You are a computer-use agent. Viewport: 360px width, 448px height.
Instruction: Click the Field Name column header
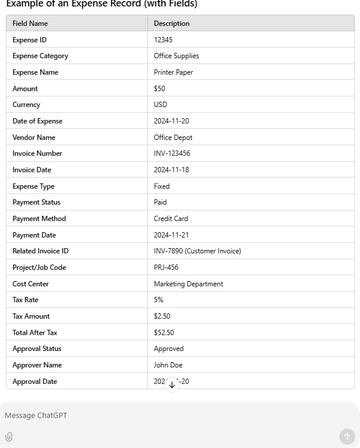click(x=31, y=24)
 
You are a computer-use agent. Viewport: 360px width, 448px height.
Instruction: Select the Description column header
click(x=171, y=24)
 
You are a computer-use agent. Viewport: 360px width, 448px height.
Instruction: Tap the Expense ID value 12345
click(x=163, y=40)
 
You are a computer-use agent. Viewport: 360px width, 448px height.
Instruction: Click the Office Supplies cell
click(x=176, y=56)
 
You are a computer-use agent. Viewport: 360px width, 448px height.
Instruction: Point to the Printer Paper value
click(x=173, y=72)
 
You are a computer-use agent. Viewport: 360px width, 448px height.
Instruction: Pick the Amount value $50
click(x=160, y=89)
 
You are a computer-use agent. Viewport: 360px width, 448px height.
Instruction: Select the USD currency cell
click(x=160, y=105)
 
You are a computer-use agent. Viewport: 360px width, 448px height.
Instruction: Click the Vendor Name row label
click(x=34, y=138)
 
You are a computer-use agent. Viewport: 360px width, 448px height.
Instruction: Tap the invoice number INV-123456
click(x=172, y=153)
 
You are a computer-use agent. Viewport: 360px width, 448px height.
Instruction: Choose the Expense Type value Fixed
click(x=162, y=186)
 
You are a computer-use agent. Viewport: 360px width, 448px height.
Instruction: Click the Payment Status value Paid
click(x=160, y=202)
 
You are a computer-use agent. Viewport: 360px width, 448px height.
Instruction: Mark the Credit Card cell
click(x=171, y=219)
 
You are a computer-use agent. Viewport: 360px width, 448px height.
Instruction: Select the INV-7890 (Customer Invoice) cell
click(x=197, y=251)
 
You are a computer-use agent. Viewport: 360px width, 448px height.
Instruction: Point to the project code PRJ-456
click(x=166, y=268)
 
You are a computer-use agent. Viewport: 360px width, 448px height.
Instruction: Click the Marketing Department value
click(x=189, y=284)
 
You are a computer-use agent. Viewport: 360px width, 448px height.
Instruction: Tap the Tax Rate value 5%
click(x=159, y=300)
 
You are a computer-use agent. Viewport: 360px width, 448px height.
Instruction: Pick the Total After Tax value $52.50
click(x=164, y=333)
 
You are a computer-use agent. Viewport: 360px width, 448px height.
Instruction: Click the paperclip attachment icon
click(x=9, y=437)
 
